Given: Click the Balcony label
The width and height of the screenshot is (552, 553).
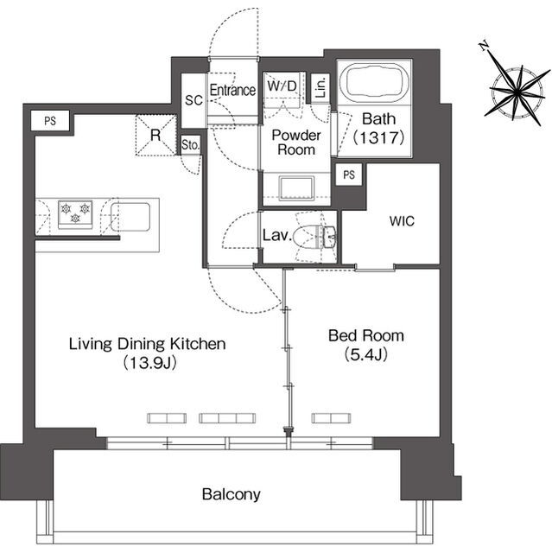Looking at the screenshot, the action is point(232,494).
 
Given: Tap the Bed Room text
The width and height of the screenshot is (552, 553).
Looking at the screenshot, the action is point(366,336).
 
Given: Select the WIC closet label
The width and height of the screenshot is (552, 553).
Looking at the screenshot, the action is point(402,221).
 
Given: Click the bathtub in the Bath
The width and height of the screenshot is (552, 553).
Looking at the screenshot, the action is point(375,83).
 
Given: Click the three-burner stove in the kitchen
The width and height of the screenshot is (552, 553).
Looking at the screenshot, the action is point(75,213).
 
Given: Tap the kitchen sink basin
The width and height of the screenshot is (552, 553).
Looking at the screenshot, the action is point(130,217).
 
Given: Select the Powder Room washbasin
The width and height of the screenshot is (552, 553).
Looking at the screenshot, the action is point(296,188).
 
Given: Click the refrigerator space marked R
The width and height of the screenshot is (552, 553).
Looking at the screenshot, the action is point(155,135).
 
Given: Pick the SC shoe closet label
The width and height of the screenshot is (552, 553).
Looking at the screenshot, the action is point(194,100).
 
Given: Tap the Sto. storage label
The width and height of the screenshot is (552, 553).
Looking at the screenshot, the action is point(190,144).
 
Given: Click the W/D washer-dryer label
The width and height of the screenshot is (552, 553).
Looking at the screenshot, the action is point(282,86).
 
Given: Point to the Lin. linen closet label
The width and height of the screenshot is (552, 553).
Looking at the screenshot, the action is point(320,88).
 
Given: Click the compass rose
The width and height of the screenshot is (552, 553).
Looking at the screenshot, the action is point(517,92).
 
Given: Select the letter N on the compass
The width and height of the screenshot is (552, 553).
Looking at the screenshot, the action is point(485,46).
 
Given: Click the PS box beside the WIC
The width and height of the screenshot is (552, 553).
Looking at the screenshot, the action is point(349,175).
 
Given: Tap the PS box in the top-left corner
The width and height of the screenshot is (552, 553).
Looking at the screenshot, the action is point(50,121).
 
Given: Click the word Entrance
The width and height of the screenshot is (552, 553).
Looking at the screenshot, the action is point(232,90).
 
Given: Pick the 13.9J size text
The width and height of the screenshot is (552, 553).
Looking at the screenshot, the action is point(149,363).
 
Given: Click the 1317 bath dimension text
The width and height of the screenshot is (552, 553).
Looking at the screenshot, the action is point(378,137).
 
